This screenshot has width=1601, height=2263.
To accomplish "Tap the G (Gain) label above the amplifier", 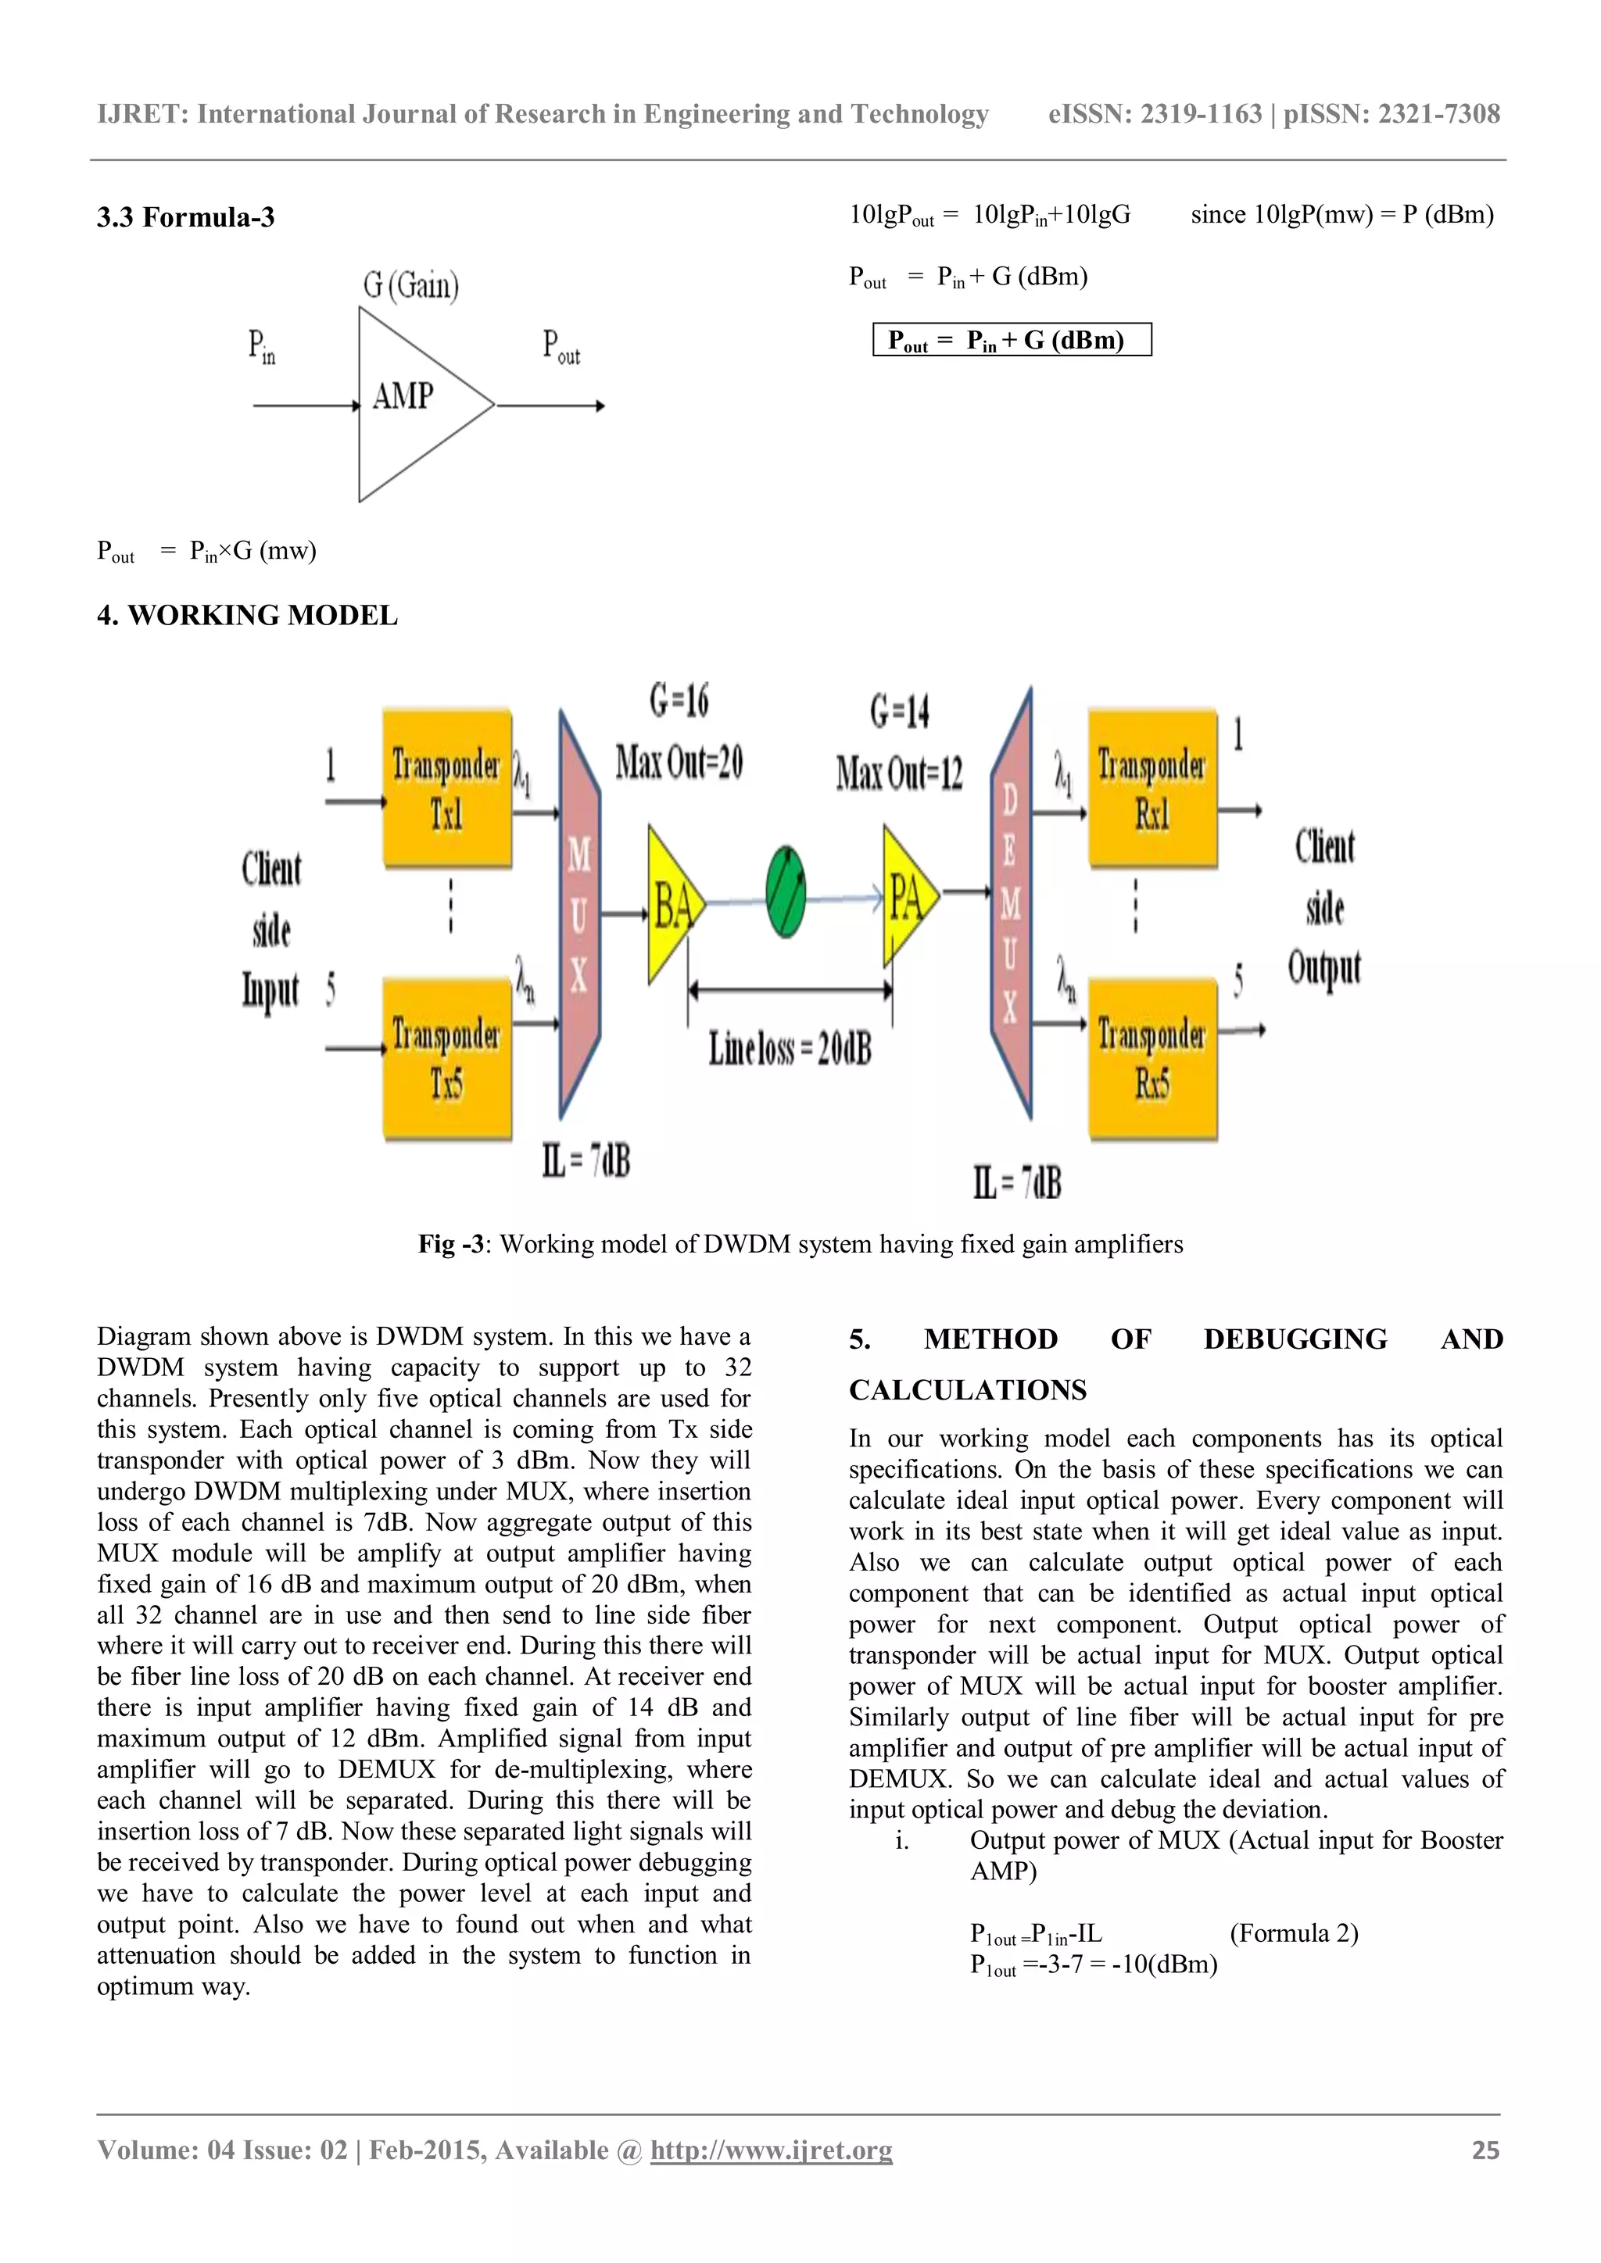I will [x=411, y=285].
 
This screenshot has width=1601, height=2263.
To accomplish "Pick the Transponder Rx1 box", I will [x=1152, y=788].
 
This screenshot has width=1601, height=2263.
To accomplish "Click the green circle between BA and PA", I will [x=786, y=892].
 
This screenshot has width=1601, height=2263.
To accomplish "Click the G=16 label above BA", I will [x=679, y=701].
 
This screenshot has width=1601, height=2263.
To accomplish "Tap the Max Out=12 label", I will [x=899, y=773].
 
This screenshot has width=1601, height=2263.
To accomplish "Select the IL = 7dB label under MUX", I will [x=586, y=1161].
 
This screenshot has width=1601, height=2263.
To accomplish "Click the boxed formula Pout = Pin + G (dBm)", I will [x=1012, y=340].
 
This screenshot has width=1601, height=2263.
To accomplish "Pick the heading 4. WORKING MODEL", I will [x=248, y=616].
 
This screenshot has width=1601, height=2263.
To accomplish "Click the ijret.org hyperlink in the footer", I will [x=771, y=2150].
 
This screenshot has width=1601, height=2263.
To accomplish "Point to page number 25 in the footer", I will [x=1485, y=2150].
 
